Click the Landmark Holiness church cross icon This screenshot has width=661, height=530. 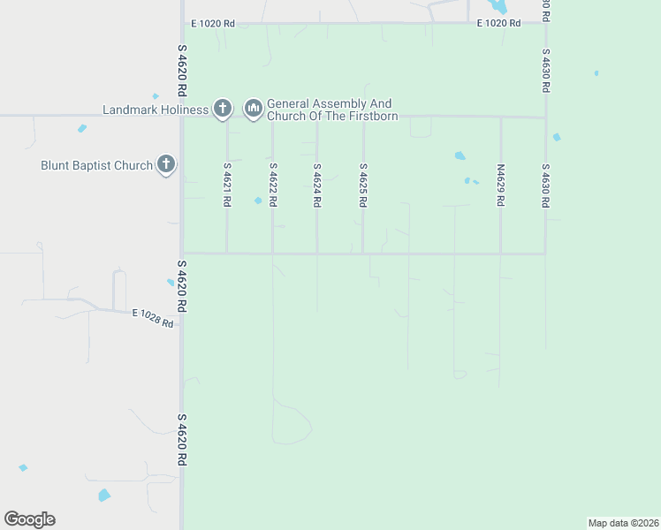223,109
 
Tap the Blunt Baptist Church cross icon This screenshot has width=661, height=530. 166,164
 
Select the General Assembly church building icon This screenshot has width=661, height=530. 254,109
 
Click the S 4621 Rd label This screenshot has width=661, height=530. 227,185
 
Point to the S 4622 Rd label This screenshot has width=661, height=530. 273,185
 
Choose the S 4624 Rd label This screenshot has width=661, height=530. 316,185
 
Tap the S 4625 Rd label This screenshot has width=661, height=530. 362,185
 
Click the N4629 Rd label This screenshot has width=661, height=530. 500,185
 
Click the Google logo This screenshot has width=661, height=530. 29,519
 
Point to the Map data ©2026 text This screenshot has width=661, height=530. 623,523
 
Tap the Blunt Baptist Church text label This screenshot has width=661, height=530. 96,165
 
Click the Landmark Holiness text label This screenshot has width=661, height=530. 156,110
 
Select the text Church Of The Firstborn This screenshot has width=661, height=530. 332,117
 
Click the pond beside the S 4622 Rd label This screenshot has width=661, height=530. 258,201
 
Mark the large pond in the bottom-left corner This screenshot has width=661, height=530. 104,496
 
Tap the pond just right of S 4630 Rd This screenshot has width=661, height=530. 556,137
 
